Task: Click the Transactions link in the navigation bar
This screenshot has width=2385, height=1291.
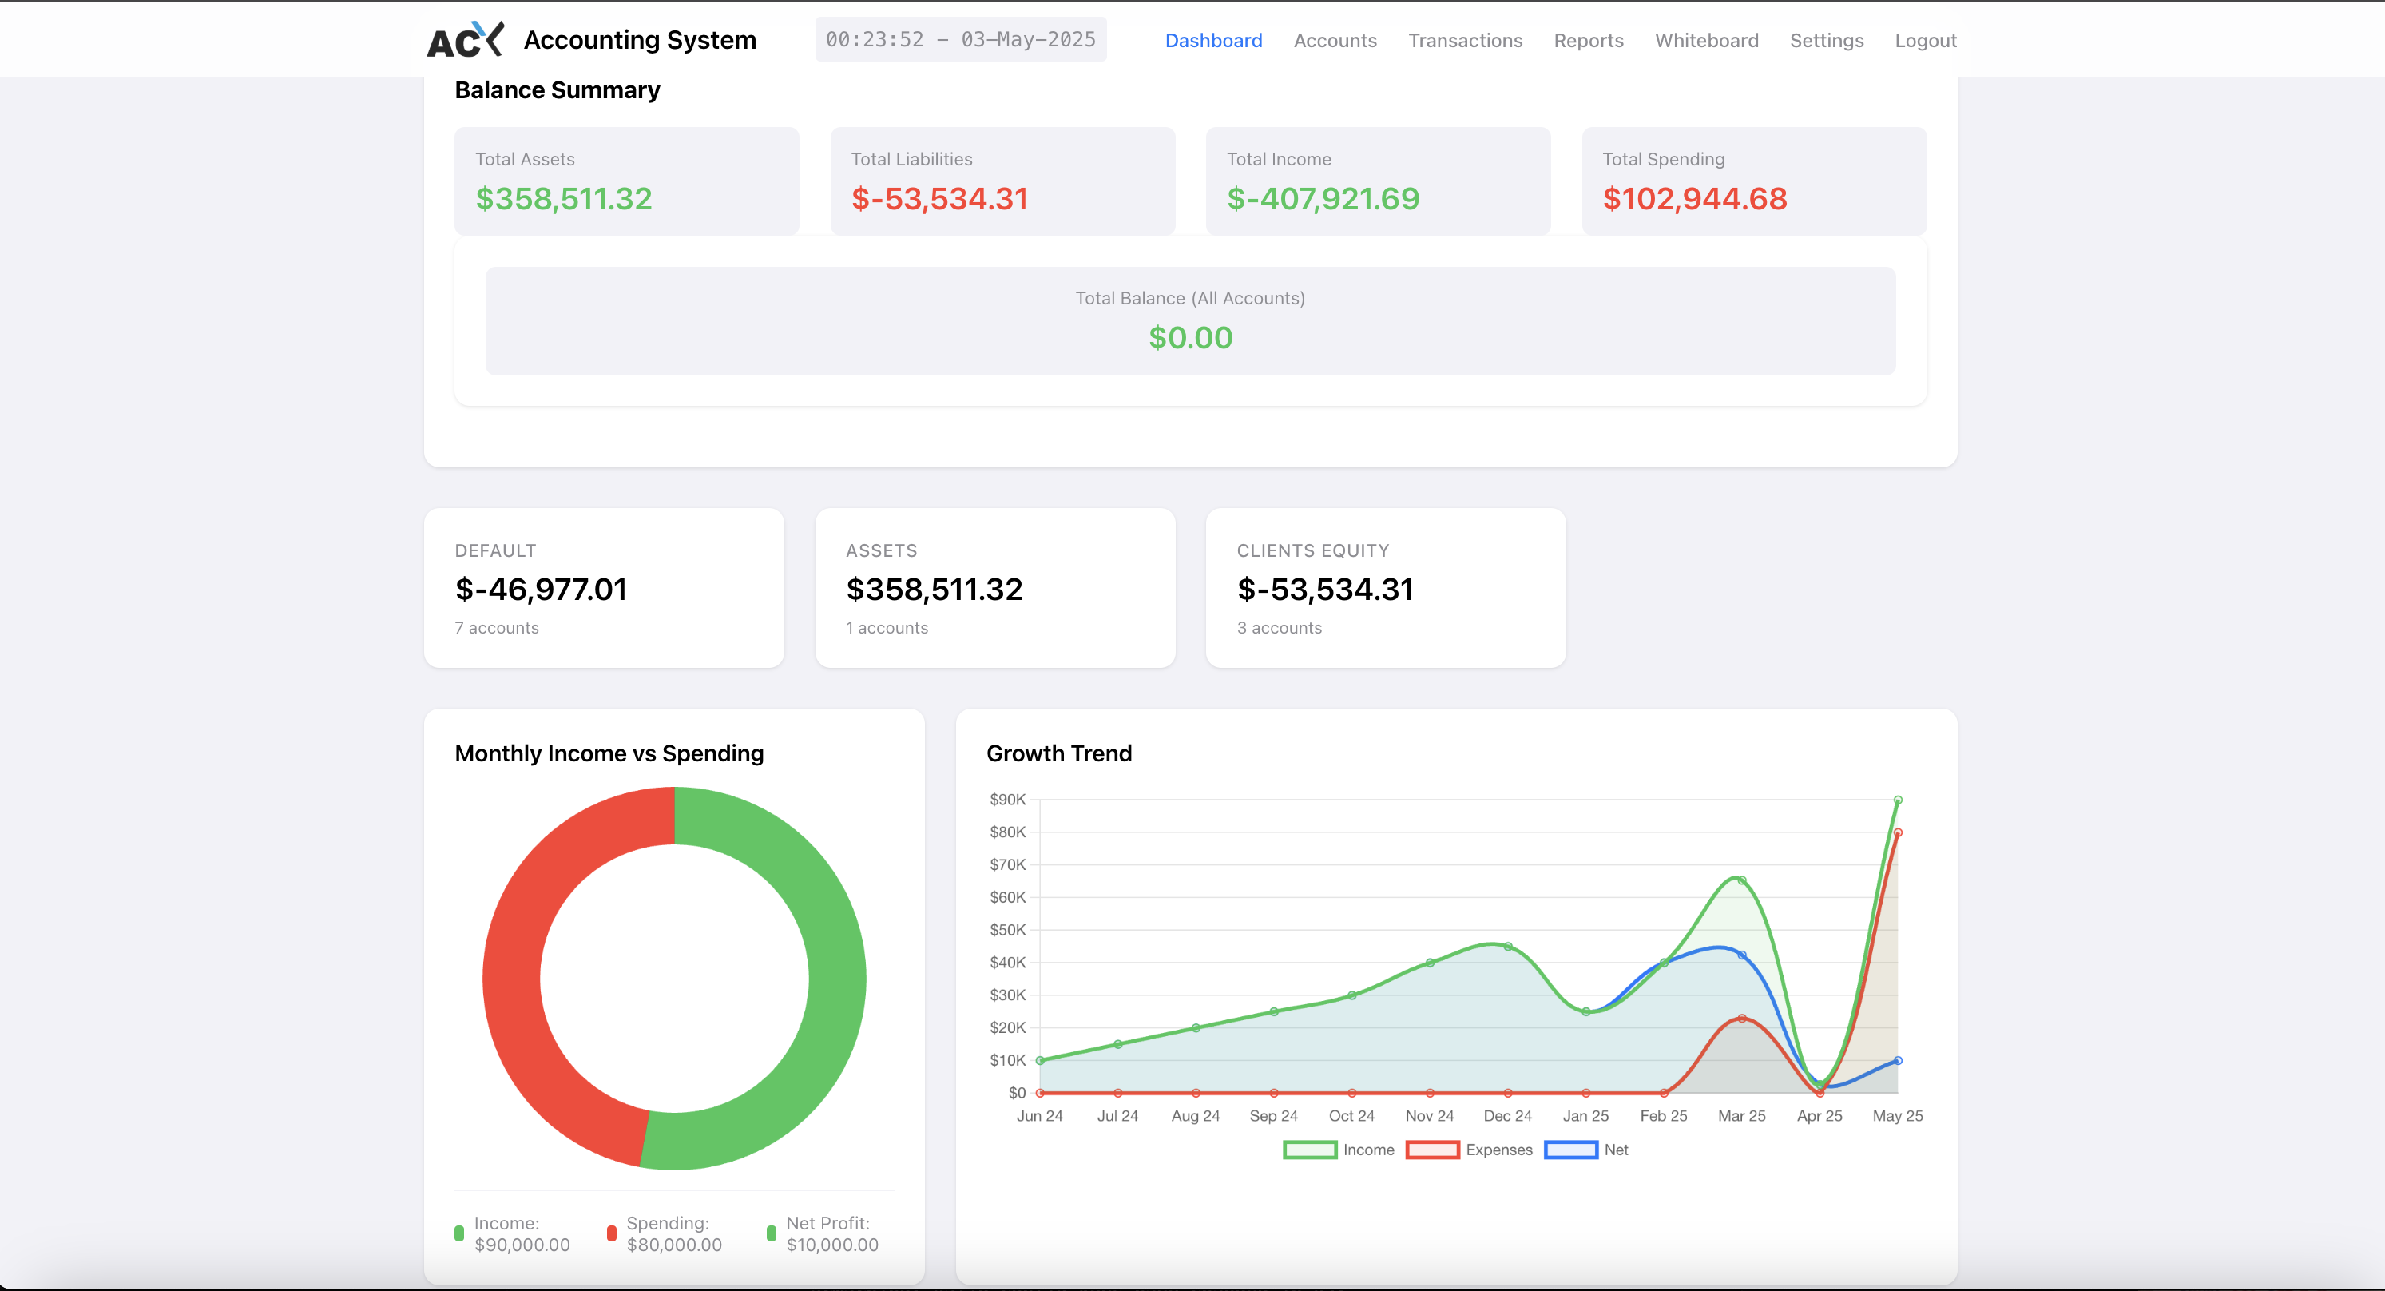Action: pyautogui.click(x=1465, y=41)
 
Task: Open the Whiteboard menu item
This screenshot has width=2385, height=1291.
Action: pyautogui.click(x=1706, y=41)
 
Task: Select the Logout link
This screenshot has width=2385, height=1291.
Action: pyautogui.click(x=1925, y=41)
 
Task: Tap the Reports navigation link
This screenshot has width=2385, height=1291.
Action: pyautogui.click(x=1588, y=41)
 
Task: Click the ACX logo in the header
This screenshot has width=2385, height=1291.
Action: pyautogui.click(x=465, y=40)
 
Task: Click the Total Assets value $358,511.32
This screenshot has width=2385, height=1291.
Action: pyautogui.click(x=564, y=198)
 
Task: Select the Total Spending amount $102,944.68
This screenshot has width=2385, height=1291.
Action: pyautogui.click(x=1694, y=198)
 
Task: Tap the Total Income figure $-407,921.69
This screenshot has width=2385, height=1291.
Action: pyautogui.click(x=1322, y=198)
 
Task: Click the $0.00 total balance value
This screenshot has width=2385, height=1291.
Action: pyautogui.click(x=1190, y=337)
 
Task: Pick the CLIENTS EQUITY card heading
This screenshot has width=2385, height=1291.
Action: pyautogui.click(x=1313, y=550)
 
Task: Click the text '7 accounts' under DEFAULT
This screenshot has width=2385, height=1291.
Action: pyautogui.click(x=496, y=628)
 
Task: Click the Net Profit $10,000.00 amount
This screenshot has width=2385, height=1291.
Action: pyautogui.click(x=832, y=1245)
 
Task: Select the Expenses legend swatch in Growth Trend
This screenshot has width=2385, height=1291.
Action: pyautogui.click(x=1432, y=1150)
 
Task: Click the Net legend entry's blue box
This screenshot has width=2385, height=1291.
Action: pyautogui.click(x=1570, y=1150)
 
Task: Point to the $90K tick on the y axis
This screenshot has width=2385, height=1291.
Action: pyautogui.click(x=1007, y=799)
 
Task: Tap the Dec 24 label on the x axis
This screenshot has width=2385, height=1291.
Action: pyautogui.click(x=1507, y=1116)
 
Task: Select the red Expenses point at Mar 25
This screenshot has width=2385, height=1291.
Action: pyautogui.click(x=1741, y=1019)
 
